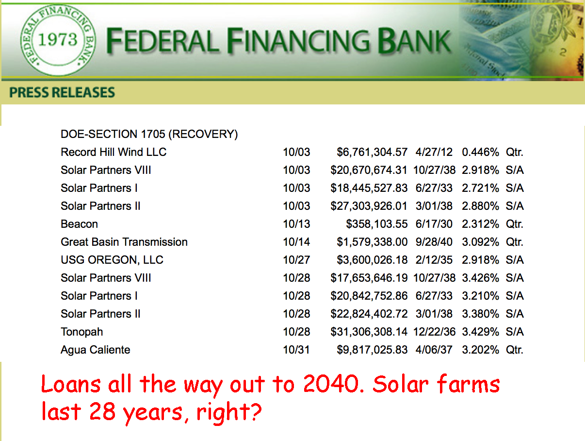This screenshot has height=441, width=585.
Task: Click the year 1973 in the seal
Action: coord(58,39)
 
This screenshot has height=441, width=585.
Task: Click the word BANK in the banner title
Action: coord(414,40)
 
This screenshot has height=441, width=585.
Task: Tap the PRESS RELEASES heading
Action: coord(62,92)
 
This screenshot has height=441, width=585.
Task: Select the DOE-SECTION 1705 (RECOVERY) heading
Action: coord(149,134)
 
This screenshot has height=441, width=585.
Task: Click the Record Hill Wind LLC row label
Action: coord(114,152)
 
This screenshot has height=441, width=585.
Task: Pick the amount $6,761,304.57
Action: coord(372,152)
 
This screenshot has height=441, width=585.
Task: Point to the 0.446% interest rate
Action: coord(480,152)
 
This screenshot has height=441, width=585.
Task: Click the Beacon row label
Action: coord(79,224)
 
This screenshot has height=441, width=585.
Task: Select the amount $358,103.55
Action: coord(376,224)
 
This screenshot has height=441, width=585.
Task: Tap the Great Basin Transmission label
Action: coord(124,242)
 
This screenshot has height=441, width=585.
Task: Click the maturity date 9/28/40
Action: coord(434,242)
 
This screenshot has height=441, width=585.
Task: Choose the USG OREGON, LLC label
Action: coord(112,260)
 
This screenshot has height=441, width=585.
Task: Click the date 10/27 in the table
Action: coord(296,260)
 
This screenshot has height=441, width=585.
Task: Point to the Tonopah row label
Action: coord(81,332)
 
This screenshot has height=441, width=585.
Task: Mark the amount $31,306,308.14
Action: coord(369,332)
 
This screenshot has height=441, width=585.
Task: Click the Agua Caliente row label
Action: coord(96,350)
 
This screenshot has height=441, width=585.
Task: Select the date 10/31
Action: coord(296,350)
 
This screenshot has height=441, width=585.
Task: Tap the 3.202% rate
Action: coord(480,350)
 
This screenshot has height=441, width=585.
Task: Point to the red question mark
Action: coord(254,411)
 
